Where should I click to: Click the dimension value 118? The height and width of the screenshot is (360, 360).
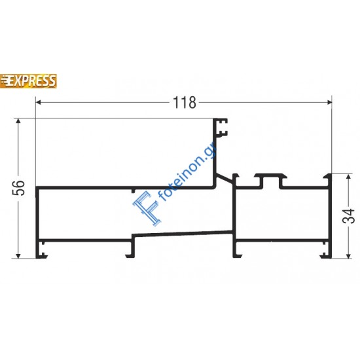184,103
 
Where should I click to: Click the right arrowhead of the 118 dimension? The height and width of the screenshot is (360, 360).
327,102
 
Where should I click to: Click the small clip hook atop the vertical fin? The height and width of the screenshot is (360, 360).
223,126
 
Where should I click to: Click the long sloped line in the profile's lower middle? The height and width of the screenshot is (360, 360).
183,233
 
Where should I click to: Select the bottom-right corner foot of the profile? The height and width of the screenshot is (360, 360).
325,251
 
